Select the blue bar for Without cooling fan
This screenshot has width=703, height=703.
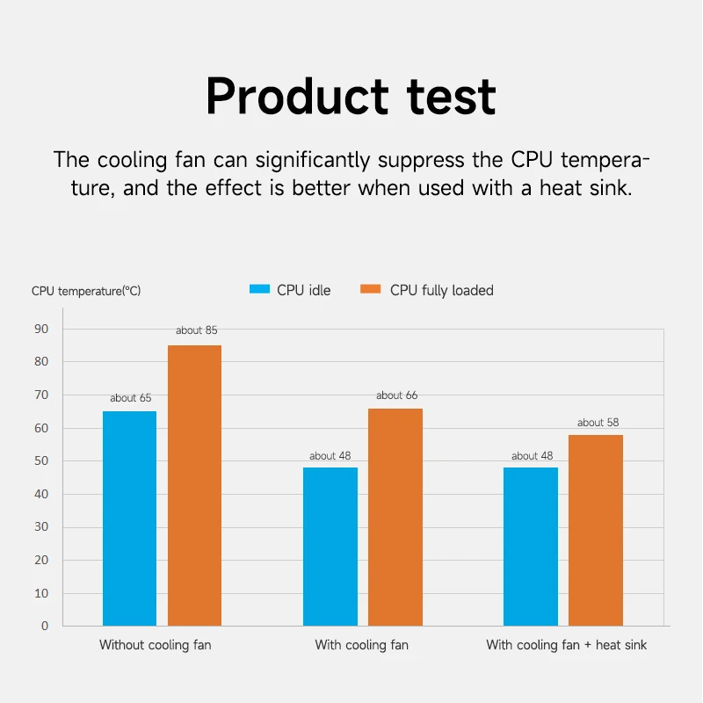(129, 518)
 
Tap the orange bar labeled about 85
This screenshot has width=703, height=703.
(194, 485)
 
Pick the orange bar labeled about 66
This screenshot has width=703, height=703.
(395, 517)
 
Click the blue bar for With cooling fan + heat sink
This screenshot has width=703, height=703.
(530, 547)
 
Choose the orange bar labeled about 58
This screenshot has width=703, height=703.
(595, 530)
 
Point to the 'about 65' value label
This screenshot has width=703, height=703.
(130, 398)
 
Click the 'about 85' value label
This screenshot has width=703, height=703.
(196, 330)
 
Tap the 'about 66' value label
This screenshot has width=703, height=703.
(396, 395)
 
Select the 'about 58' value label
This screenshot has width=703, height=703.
(598, 423)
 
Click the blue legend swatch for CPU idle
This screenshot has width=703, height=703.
(258, 290)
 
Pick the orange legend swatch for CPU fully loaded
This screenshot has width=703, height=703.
(370, 290)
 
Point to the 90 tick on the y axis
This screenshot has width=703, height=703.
(42, 329)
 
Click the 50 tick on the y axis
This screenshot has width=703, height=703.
(42, 461)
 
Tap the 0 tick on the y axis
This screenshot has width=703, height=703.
(45, 627)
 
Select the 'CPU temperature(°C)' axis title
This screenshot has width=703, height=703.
(85, 291)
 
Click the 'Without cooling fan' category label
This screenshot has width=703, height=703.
(155, 645)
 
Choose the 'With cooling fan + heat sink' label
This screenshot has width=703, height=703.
(566, 645)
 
